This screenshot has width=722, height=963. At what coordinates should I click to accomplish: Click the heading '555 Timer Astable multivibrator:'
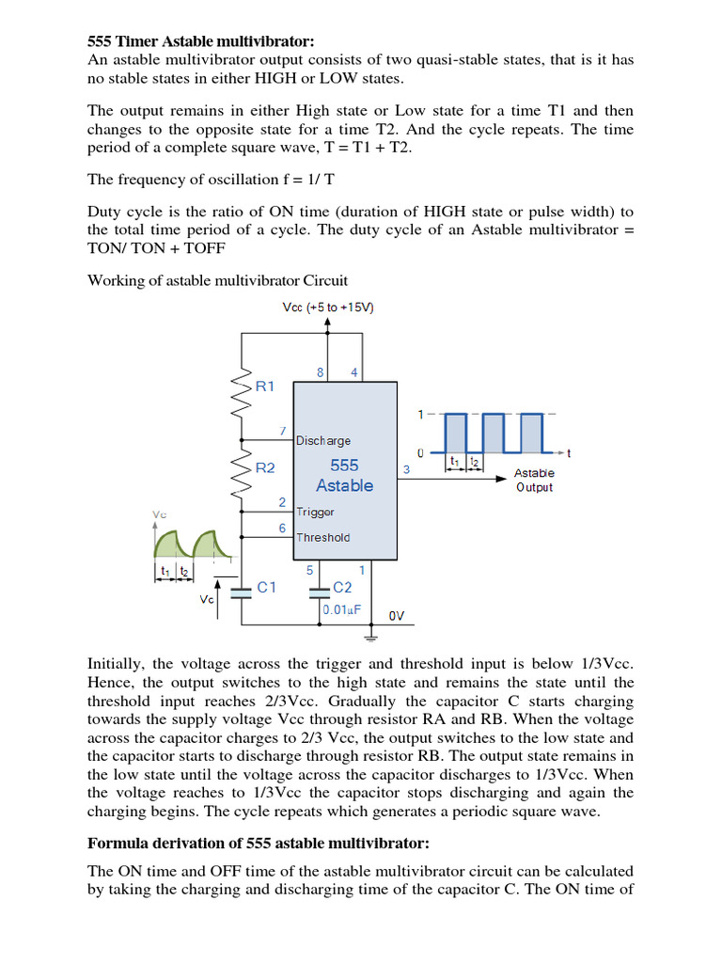200,41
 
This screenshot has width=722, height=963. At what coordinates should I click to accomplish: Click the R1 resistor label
266,386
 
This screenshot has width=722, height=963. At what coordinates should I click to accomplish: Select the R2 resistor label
266,467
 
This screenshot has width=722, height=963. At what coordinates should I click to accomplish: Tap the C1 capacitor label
267,587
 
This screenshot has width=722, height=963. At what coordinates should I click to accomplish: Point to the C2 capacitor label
344,587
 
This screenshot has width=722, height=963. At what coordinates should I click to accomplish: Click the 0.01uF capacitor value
342,609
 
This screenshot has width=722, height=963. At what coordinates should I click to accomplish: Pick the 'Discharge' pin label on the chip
323,440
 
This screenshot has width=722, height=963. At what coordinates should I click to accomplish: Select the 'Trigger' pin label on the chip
315,512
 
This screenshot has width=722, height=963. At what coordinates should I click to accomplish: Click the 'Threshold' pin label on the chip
322,538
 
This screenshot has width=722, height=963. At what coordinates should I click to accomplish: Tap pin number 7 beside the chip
283,431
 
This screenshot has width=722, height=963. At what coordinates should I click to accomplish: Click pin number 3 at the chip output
406,468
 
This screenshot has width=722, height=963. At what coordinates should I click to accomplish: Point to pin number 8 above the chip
320,372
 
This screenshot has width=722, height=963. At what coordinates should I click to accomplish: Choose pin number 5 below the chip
309,570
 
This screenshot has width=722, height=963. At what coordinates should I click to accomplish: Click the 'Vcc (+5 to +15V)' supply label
328,308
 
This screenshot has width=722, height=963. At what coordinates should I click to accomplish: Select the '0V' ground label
397,616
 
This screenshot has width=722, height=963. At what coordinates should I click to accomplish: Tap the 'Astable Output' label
534,480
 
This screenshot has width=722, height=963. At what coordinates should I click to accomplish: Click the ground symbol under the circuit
366,637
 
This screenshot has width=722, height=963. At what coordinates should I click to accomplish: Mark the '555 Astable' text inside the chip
344,475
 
